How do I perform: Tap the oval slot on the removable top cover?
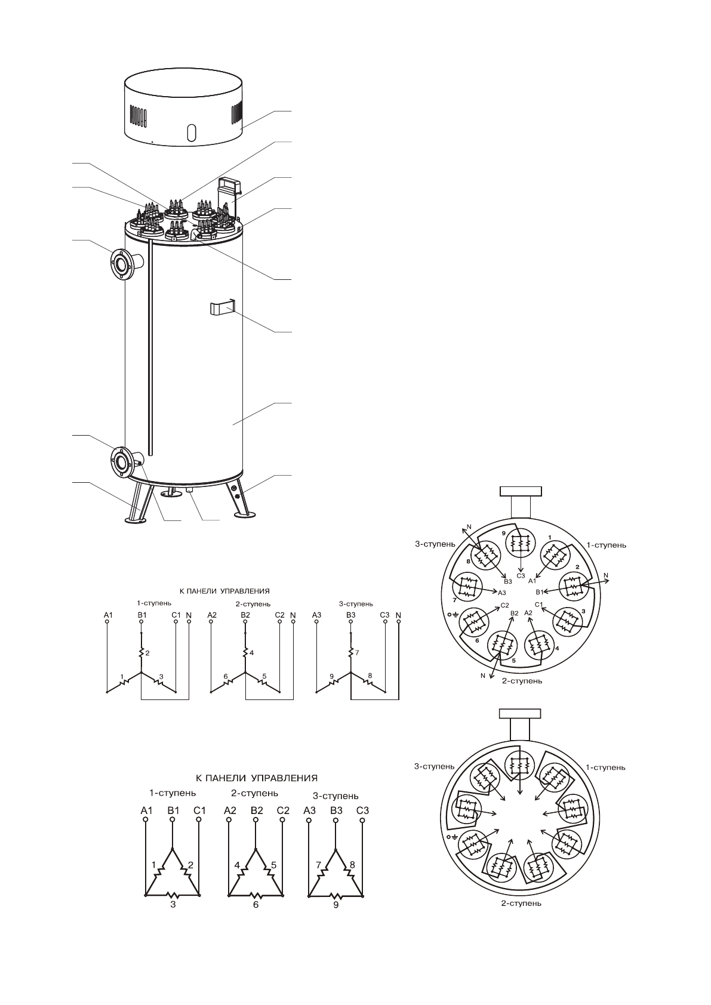pos(191,132)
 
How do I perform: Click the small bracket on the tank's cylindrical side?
pos(220,309)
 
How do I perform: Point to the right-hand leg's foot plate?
pos(244,514)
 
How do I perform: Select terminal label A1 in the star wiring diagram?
pos(107,614)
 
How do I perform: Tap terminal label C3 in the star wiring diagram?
pos(384,614)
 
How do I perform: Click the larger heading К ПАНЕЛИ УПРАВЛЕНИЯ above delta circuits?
pos(257,778)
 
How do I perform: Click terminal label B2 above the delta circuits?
pos(257,810)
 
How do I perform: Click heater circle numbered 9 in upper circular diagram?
pos(521,544)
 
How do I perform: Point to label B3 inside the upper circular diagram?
pos(508,581)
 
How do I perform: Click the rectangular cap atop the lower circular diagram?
pos(519,714)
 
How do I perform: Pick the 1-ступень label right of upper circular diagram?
pos(606,544)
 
